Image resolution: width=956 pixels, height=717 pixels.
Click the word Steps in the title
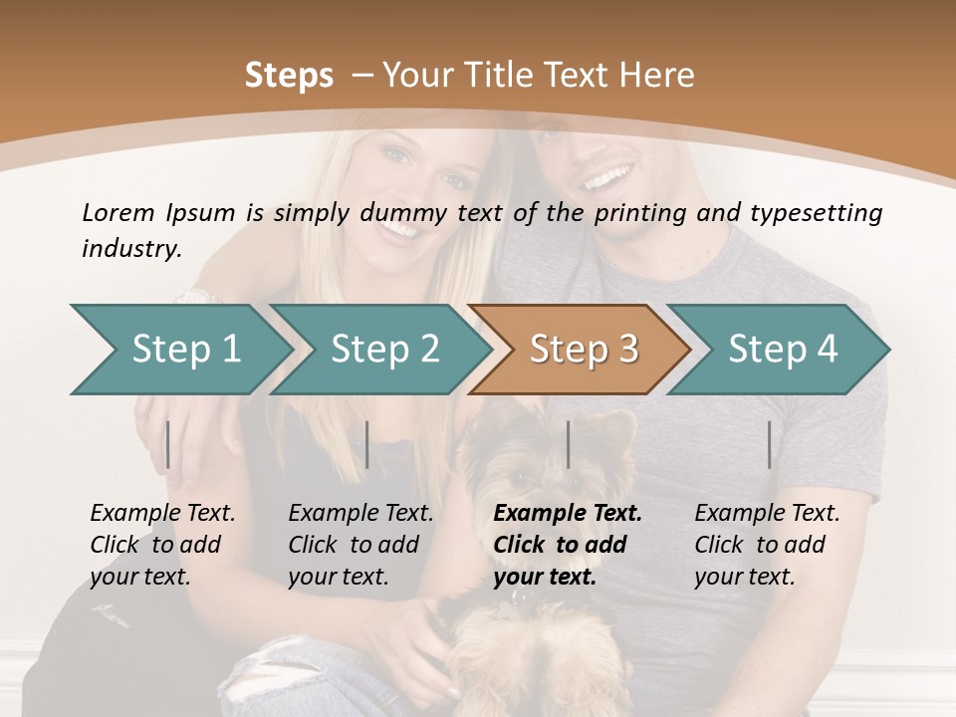pos(289,76)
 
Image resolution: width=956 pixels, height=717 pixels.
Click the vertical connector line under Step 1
pos(168,444)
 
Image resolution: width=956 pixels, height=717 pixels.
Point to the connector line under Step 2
pos(367,444)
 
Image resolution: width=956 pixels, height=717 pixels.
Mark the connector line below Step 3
pos(568,444)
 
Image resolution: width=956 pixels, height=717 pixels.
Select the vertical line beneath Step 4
pos(769,444)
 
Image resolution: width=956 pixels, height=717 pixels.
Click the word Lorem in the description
pos(118,212)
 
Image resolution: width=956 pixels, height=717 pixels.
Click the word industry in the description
pos(130,249)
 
